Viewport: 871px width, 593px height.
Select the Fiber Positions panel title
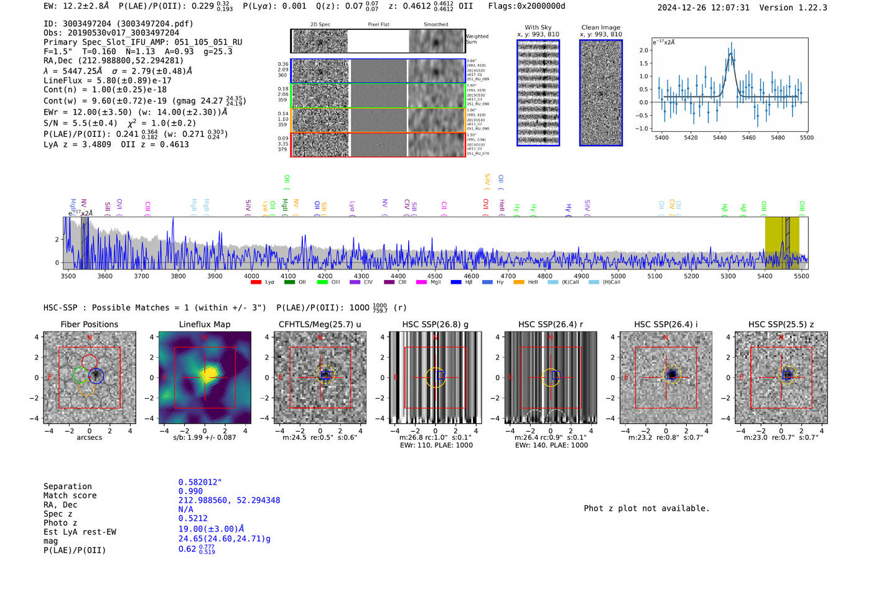pyautogui.click(x=89, y=324)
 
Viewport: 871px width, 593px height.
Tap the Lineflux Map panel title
pyautogui.click(x=205, y=324)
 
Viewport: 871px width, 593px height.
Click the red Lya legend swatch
pyautogui.click(x=256, y=282)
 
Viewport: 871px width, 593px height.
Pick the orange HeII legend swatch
pyautogui.click(x=518, y=282)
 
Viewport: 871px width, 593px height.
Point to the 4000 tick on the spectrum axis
pyautogui.click(x=251, y=276)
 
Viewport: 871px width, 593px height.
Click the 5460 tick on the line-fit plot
pyautogui.click(x=748, y=138)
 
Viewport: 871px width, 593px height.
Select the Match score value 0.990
pyautogui.click(x=190, y=491)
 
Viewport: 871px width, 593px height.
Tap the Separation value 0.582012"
pyautogui.click(x=200, y=482)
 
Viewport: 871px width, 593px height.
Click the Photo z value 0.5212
pyautogui.click(x=193, y=518)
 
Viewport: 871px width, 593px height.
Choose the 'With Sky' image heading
pyautogui.click(x=538, y=27)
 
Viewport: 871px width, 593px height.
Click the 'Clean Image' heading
pyautogui.click(x=601, y=27)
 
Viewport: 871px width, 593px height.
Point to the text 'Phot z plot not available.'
pyautogui.click(x=646, y=508)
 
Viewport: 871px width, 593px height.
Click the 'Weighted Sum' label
pyautogui.click(x=477, y=39)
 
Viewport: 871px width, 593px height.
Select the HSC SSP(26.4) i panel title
pyautogui.click(x=666, y=324)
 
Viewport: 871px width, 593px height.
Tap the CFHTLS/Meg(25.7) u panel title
pyautogui.click(x=320, y=324)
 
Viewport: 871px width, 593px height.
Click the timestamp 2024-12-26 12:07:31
pyautogui.click(x=703, y=7)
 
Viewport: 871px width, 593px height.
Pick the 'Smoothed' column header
pyautogui.click(x=435, y=25)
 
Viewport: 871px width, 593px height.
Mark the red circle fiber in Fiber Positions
pyautogui.click(x=89, y=362)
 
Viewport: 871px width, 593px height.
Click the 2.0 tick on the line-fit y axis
pyautogui.click(x=643, y=50)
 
